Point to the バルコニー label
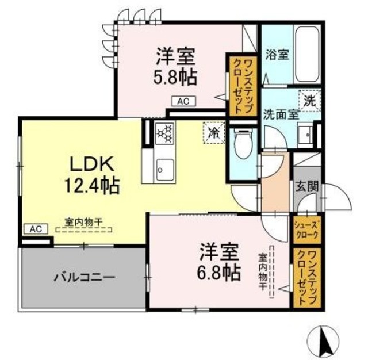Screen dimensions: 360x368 [84, 277]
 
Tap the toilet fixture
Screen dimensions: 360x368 [243, 143]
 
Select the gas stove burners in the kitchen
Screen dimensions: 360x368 [164, 133]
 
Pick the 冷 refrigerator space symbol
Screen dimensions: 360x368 [212, 133]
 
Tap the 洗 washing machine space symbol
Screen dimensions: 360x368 [309, 99]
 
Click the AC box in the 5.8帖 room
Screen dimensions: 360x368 [183, 101]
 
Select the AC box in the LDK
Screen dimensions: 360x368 [35, 228]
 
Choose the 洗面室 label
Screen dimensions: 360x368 [281, 113]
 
